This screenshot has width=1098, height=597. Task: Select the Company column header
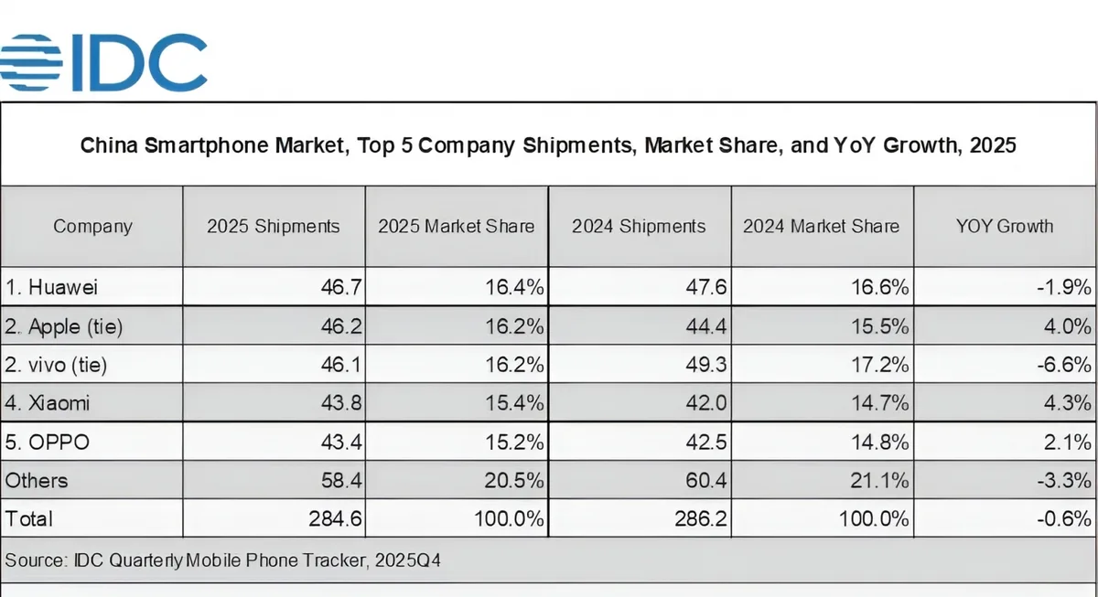point(92,226)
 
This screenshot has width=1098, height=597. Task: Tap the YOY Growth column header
point(1005,226)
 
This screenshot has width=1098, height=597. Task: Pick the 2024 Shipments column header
point(639,226)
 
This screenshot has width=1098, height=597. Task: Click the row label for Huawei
point(52,287)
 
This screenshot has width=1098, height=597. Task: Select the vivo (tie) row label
point(57,366)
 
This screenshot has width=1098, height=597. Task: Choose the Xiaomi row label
point(49,403)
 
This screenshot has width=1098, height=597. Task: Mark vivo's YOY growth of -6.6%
point(1066,366)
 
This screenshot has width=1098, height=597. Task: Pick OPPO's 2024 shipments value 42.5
point(707,442)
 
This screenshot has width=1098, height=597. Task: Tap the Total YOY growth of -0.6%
point(1066,519)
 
